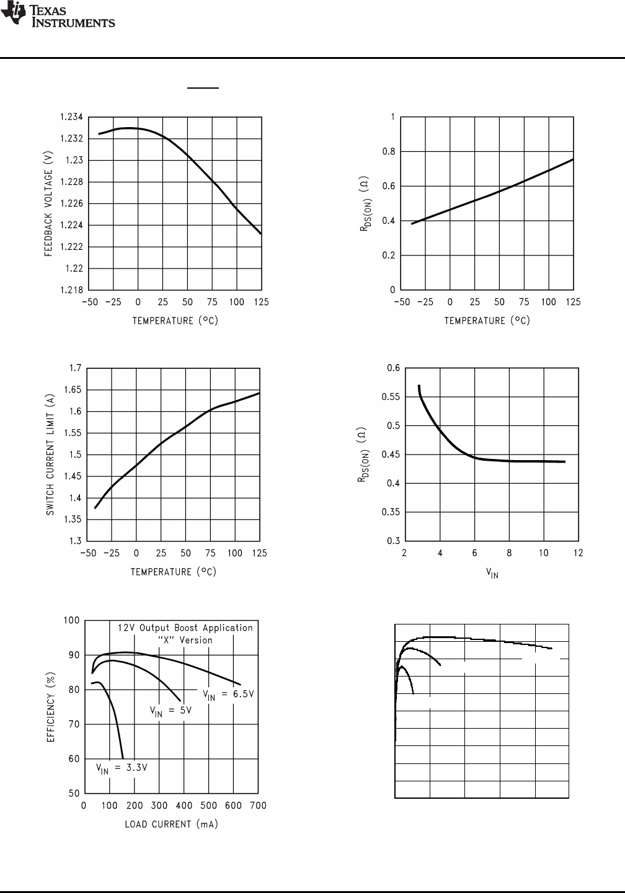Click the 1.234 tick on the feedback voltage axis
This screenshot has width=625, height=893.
point(71,117)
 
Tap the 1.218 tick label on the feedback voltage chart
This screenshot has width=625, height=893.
point(71,290)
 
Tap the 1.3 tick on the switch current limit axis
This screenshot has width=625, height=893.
point(74,541)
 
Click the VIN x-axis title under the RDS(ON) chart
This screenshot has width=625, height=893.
point(492,573)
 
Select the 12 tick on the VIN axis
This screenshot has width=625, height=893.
point(578,553)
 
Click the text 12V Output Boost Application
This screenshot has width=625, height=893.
point(185,628)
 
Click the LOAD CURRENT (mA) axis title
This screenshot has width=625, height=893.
point(171,824)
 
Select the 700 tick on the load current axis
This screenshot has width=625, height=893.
point(257,806)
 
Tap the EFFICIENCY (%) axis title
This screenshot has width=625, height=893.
point(52,707)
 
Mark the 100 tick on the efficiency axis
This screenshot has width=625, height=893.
point(72,621)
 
